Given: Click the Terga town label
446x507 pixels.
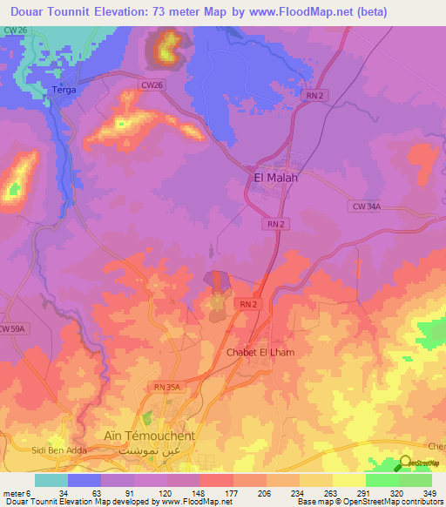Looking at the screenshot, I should click(64, 90).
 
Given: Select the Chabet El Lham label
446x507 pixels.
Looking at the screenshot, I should click(260, 352).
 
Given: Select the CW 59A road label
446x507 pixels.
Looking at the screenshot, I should click(13, 328).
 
